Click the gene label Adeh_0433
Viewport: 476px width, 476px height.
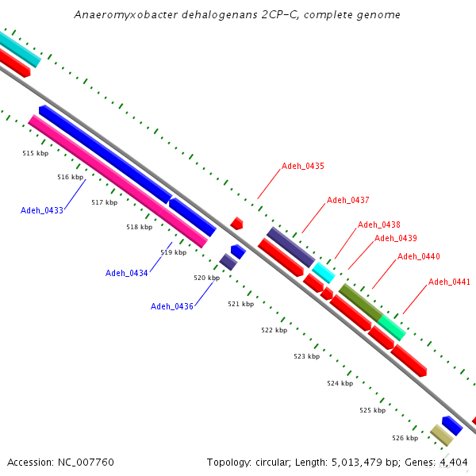(41, 210)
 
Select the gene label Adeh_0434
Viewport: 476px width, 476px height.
(126, 273)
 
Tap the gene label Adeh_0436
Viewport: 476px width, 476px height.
(171, 306)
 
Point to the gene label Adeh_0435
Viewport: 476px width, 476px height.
(302, 167)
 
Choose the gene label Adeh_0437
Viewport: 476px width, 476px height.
(347, 200)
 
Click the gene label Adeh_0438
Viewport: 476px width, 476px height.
(378, 225)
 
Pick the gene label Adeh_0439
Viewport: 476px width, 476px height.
(395, 238)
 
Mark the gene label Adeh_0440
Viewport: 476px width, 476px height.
(418, 256)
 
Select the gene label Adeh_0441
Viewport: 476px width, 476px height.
(449, 282)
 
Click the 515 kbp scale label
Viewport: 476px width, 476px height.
(35, 153)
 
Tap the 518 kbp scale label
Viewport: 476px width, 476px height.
(139, 228)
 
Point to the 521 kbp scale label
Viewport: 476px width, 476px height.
(240, 304)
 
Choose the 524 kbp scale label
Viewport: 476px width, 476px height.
(340, 383)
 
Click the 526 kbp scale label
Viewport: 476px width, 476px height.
(405, 438)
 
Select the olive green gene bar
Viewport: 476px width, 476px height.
(360, 301)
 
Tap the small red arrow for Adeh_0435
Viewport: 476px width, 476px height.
(236, 224)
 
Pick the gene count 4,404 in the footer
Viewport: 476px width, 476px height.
(452, 462)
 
